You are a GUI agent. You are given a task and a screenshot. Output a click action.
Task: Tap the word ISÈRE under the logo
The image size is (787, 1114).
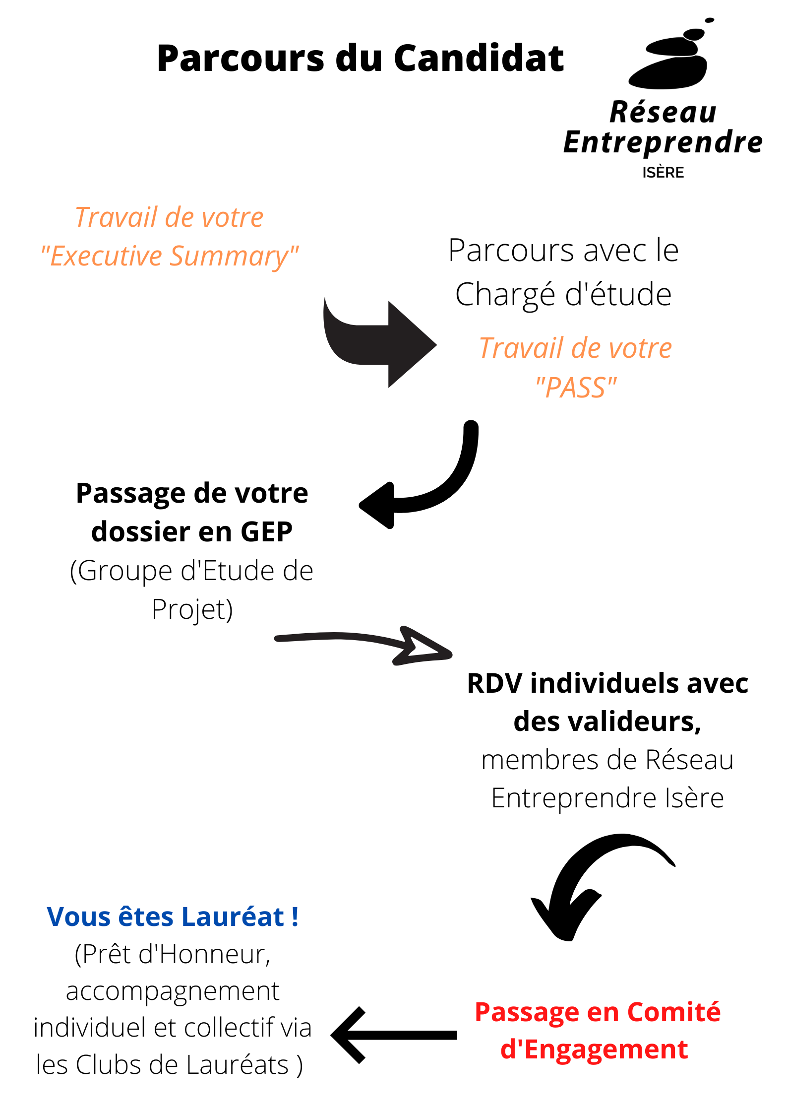pyautogui.click(x=663, y=173)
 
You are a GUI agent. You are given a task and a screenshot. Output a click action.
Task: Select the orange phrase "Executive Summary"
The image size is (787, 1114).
pyautogui.click(x=170, y=257)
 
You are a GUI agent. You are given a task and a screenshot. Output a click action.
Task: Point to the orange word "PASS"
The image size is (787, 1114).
pyautogui.click(x=576, y=388)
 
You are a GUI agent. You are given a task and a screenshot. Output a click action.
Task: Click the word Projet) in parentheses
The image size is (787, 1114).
pyautogui.click(x=192, y=609)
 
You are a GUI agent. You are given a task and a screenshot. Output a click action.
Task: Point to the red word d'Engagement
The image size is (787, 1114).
pyautogui.click(x=594, y=1049)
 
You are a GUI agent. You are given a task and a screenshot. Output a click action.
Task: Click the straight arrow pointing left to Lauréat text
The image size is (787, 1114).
pyautogui.click(x=394, y=1035)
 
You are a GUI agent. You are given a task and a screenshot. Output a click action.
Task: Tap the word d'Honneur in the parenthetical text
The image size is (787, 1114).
pyautogui.click(x=204, y=954)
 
